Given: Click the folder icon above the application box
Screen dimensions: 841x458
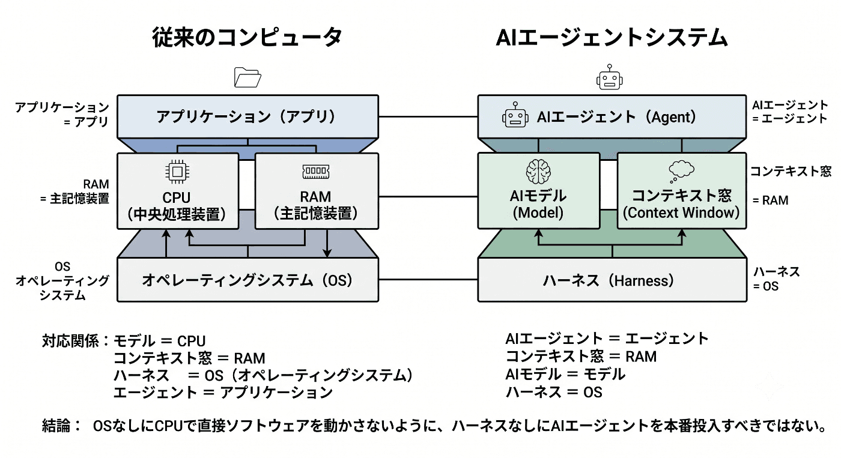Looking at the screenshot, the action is [x=247, y=77].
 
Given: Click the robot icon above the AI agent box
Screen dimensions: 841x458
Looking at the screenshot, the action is [x=609, y=77].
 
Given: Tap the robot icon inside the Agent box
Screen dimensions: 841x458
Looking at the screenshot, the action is [x=515, y=115].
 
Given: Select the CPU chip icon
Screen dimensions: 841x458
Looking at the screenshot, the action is [x=177, y=172].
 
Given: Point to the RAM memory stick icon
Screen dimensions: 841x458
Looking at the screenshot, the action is [x=316, y=172].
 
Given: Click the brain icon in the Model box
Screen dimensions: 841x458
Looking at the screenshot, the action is [x=538, y=172].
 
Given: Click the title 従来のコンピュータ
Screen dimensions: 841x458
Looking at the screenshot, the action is [x=247, y=37].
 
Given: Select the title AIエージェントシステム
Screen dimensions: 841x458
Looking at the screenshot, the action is [x=612, y=38].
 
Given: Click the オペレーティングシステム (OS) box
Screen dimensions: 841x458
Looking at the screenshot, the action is [x=247, y=280].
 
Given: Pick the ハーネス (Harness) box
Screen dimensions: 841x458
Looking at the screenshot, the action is [x=612, y=280].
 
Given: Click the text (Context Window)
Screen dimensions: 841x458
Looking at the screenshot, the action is [x=681, y=212].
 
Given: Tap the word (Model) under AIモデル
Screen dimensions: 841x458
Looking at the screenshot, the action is [x=538, y=212].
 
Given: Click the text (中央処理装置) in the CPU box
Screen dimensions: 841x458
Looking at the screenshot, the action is [x=177, y=214].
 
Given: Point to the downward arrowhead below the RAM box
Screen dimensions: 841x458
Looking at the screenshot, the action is [x=327, y=253].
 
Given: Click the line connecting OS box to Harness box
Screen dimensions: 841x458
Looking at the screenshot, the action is [x=428, y=280].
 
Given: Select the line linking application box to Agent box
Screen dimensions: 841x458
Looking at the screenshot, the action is [x=428, y=116].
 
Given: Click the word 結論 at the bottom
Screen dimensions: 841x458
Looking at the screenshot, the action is [x=56, y=426].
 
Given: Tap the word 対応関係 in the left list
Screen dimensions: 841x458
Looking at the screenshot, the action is [x=70, y=341].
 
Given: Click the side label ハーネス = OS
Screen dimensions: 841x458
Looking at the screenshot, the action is [x=776, y=279].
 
